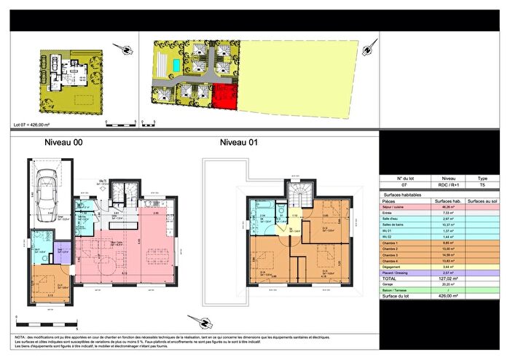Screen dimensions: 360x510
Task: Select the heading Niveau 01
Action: click(239, 143)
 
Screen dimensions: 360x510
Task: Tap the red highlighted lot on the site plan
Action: click(226, 96)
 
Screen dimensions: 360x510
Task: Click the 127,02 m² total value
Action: click(443, 278)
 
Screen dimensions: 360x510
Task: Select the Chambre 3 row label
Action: click(394, 254)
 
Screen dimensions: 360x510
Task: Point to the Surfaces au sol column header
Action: click(482, 201)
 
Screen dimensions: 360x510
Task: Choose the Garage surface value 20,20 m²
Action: click(443, 283)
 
